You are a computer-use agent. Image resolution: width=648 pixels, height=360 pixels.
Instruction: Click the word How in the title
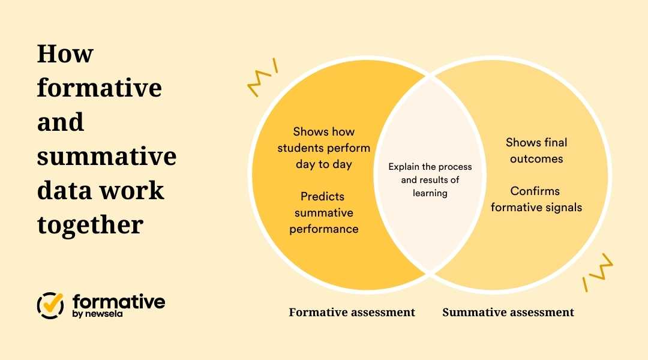point(65,54)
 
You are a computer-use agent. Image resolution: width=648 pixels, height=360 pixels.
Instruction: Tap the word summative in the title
point(107,157)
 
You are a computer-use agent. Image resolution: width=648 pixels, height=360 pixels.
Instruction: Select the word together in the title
point(90,226)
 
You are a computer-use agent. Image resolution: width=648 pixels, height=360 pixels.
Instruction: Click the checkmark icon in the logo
point(51,305)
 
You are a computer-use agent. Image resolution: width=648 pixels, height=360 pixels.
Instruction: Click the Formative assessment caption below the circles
point(352,313)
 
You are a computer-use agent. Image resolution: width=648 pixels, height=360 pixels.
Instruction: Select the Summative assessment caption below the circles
point(508,313)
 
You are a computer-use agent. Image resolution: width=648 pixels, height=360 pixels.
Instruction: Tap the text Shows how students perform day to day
point(324,148)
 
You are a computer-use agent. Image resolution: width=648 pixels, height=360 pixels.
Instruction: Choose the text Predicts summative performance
point(324,212)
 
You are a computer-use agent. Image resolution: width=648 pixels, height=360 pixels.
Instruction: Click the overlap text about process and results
point(430,180)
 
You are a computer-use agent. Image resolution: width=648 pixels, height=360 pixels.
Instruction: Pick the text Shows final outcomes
point(536,151)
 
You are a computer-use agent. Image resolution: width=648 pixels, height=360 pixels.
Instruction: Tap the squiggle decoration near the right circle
point(598,273)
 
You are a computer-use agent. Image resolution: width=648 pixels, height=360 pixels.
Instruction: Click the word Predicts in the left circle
point(323,197)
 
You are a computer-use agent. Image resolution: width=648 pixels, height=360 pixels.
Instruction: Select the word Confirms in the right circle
point(535,191)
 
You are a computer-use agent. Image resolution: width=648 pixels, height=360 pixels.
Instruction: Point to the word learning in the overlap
point(430,193)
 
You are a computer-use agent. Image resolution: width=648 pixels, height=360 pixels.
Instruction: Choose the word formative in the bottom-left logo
point(119,302)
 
